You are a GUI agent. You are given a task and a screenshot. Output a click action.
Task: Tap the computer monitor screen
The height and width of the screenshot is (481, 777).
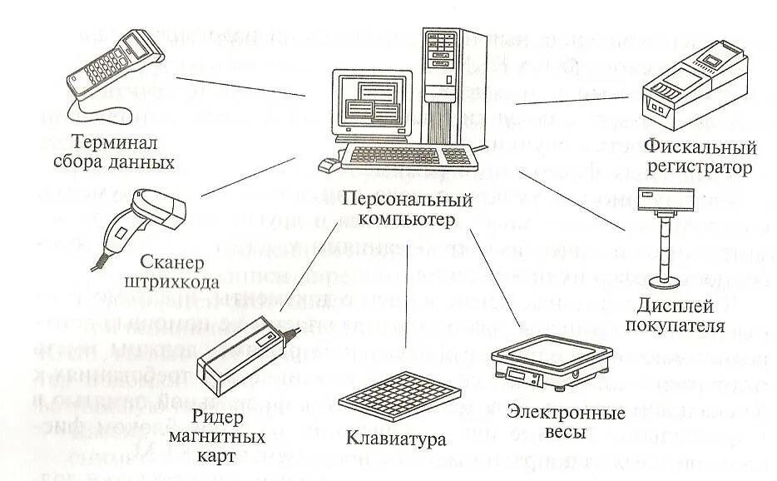(x=374, y=104)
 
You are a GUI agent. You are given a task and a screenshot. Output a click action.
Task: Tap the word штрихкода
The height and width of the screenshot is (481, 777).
(x=171, y=283)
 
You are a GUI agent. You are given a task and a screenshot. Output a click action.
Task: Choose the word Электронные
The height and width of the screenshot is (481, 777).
(x=555, y=414)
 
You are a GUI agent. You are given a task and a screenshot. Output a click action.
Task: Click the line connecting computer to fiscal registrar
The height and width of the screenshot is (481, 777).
(x=574, y=100)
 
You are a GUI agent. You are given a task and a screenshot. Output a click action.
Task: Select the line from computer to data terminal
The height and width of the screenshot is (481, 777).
(x=241, y=87)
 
